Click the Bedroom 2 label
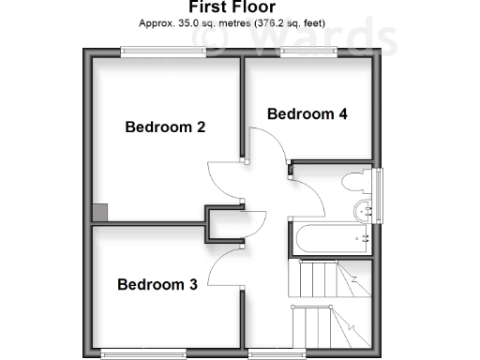click(165, 127)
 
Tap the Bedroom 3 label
click(157, 285)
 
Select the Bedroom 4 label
click(307, 114)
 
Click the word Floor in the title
click(247, 7)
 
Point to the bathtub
click(333, 239)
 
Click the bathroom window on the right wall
click(379, 195)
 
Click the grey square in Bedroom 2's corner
click(99, 213)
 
